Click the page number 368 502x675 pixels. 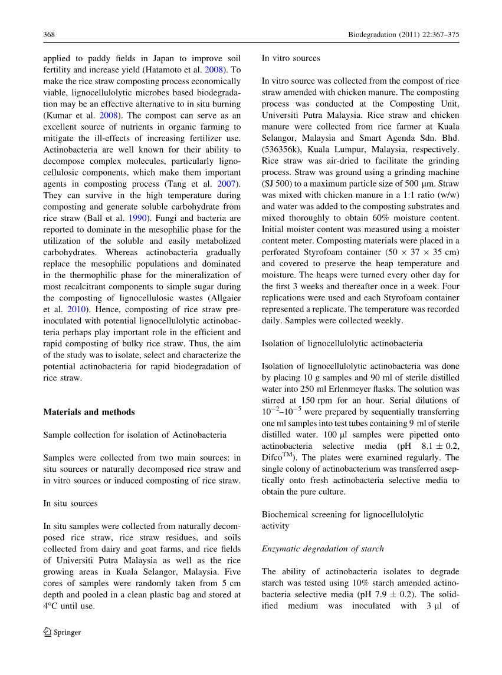(50, 35)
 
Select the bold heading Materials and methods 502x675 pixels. (89, 412)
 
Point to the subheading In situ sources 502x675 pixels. (70, 503)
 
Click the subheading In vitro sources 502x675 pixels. (291, 58)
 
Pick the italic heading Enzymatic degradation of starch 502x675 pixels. (323, 548)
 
